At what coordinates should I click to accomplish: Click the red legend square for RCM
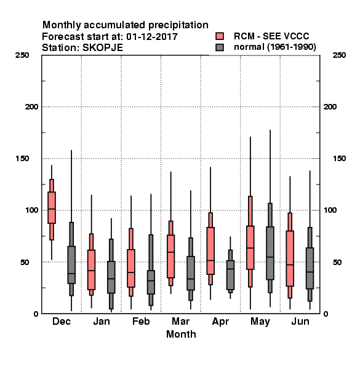[220, 36]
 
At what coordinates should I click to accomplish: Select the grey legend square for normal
[220, 47]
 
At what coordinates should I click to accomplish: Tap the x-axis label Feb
[141, 321]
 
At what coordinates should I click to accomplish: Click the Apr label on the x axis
[220, 322]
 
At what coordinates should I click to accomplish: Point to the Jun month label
[300, 321]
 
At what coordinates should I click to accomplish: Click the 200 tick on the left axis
[31, 107]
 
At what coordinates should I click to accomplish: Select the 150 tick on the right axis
[339, 159]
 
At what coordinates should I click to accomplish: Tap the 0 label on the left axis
[36, 314]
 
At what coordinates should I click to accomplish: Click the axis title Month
[181, 334]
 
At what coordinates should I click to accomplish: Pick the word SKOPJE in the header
[103, 48]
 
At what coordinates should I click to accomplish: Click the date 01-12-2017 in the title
[152, 36]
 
